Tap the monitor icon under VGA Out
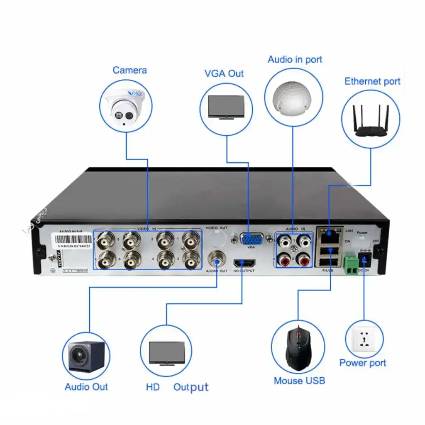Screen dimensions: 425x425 [x=226, y=107]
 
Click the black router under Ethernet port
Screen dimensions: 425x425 [x=370, y=123]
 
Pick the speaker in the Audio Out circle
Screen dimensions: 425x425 [x=86, y=357]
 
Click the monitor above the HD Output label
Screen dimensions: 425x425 [x=167, y=354]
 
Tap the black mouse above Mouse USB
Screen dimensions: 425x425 [x=298, y=348]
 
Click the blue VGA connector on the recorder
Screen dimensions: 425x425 [x=251, y=239]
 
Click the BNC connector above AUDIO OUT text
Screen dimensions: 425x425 [x=217, y=260]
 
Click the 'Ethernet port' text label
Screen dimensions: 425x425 [x=372, y=81]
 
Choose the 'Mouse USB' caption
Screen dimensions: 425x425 [x=299, y=381]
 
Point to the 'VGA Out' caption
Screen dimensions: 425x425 [x=224, y=73]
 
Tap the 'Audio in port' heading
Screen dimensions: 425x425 [x=295, y=59]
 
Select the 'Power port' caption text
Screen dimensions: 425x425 [x=363, y=363]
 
